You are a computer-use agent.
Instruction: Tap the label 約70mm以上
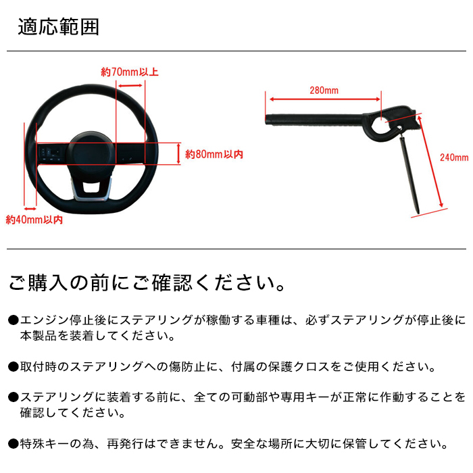pos(130,72)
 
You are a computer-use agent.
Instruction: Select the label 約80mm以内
pos(214,155)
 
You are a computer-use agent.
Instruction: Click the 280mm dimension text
pos(324,91)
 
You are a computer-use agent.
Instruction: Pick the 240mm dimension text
pos(453,157)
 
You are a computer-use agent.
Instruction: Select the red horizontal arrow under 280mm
pos(325,101)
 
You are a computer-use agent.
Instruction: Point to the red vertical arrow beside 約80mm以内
pos(178,153)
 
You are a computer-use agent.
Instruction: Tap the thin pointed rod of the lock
pos(409,169)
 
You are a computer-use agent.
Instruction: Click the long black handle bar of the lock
pos(318,121)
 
